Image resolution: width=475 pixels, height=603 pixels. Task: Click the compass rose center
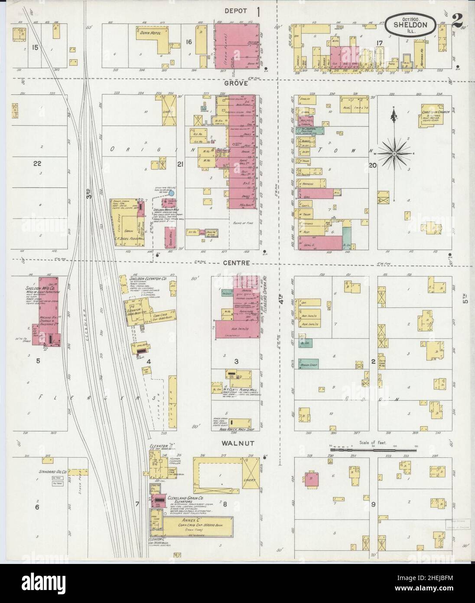[x=394, y=154]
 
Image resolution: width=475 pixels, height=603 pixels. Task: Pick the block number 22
[x=37, y=163]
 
